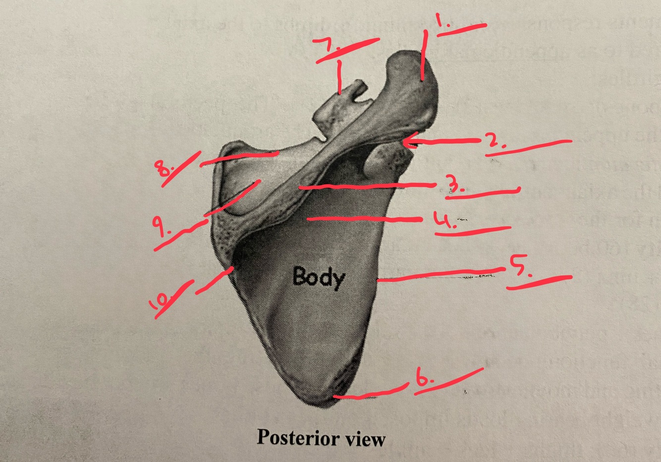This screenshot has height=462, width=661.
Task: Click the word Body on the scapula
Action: tap(318, 277)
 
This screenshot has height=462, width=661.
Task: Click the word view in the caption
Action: tap(366, 439)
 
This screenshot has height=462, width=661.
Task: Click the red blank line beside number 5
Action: tap(540, 282)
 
